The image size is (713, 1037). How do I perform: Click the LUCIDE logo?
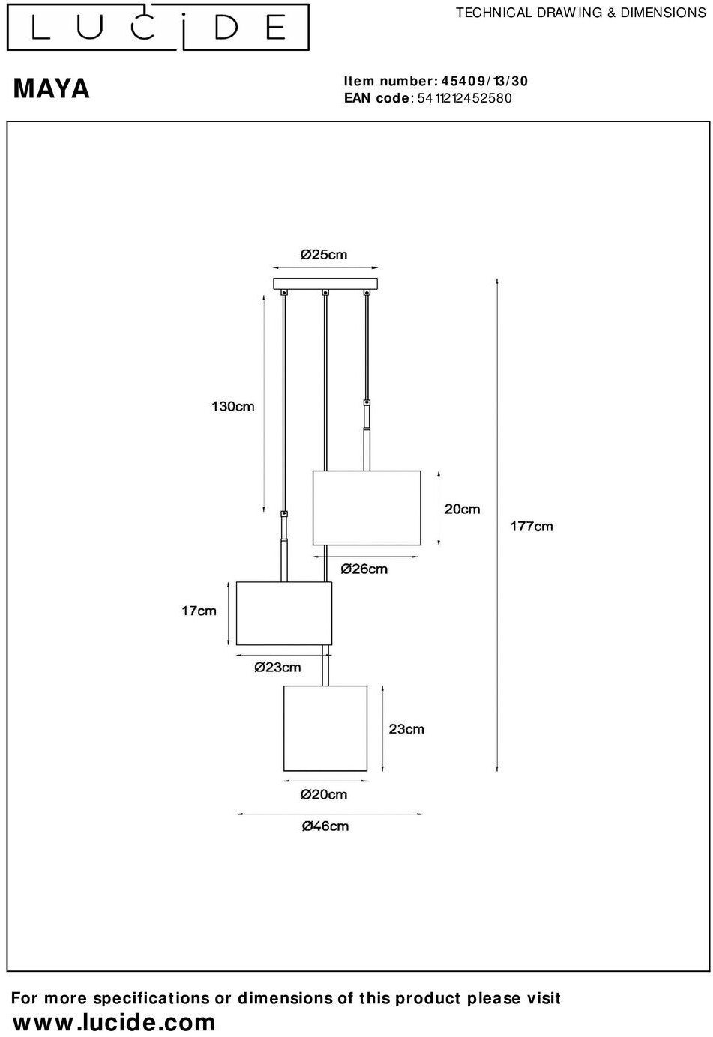(158, 28)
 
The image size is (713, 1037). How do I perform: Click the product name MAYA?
(52, 89)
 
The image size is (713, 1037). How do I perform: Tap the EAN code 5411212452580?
(464, 98)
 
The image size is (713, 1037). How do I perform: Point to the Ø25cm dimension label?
(324, 255)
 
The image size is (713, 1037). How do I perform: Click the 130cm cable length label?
(232, 407)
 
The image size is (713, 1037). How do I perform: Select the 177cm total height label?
(532, 526)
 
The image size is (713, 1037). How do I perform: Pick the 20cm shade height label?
(462, 510)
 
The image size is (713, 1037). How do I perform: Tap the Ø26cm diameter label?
(364, 569)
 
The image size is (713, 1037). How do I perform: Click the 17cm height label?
(199, 611)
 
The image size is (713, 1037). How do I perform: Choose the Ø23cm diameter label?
(277, 668)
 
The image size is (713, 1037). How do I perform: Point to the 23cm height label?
(406, 728)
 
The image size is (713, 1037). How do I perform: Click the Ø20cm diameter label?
(324, 794)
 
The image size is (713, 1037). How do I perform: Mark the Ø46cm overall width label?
(325, 826)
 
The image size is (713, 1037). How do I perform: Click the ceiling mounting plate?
(326, 285)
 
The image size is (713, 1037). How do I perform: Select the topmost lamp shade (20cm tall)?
(367, 508)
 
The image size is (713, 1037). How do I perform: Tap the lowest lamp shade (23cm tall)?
(325, 728)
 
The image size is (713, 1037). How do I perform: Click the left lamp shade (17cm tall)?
(284, 613)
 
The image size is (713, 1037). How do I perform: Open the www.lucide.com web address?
(114, 1022)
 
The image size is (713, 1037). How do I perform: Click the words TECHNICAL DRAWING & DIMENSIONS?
(581, 13)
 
